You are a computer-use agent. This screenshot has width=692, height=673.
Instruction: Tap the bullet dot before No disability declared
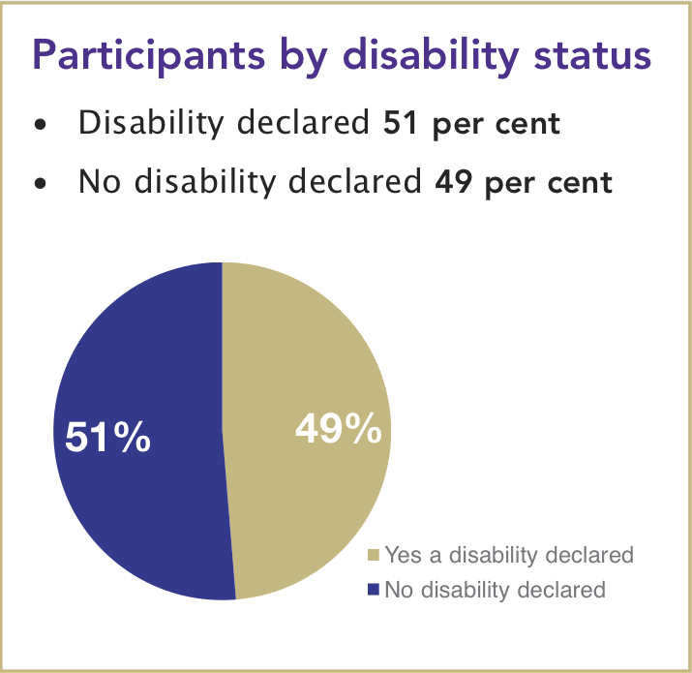(39, 183)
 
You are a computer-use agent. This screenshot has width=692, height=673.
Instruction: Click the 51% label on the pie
(107, 439)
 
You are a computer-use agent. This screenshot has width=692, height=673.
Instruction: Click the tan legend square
(374, 556)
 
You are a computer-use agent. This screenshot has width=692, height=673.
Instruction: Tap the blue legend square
(374, 589)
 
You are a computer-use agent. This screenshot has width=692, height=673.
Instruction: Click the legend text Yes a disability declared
(509, 555)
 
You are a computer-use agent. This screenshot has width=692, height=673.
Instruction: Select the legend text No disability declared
(495, 589)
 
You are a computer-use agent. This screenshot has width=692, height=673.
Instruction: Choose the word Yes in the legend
(402, 555)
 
